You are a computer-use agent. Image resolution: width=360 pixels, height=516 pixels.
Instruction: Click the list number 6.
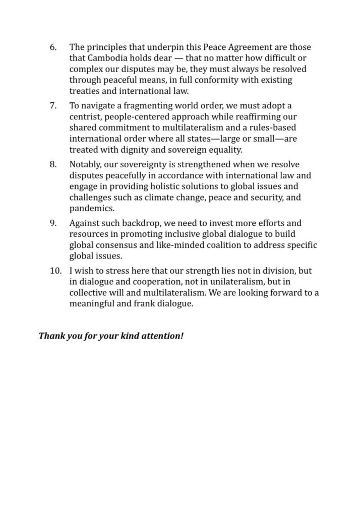(x=52, y=47)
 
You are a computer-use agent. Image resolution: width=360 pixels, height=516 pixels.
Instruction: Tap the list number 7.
(x=52, y=105)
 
